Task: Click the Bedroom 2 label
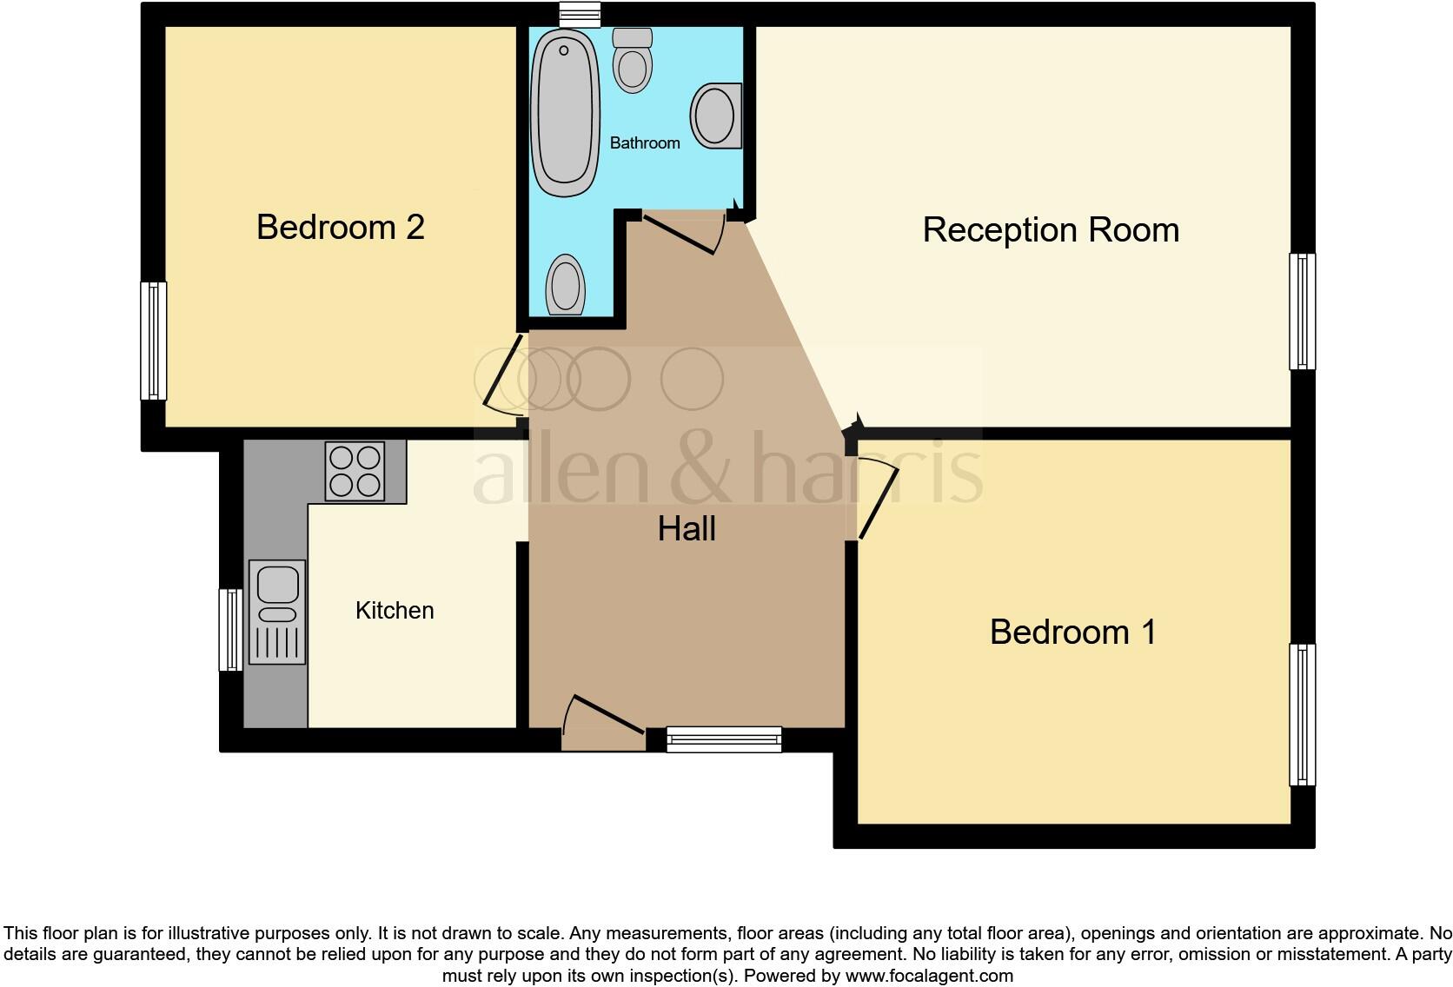pos(340,227)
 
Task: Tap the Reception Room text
pos(1050,230)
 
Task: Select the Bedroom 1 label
pos(1072,632)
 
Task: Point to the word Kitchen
pos(395,611)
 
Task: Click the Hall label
pos(687,529)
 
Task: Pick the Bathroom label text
pos(645,142)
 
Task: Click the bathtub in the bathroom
pos(565,110)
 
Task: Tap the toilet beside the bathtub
pos(632,60)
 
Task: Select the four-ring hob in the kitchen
pos(355,472)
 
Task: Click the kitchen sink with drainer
pos(277,612)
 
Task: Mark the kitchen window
pos(230,629)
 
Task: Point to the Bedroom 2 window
pos(154,341)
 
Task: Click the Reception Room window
pos(1301,311)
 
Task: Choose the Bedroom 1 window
pos(1301,714)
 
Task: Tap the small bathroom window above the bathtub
pos(581,14)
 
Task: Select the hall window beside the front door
pos(723,739)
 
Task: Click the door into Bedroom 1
pos(877,500)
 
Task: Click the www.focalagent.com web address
pos(929,976)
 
